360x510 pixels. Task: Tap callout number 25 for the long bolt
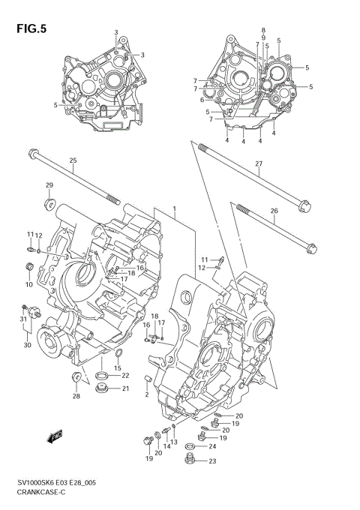[x=73, y=161]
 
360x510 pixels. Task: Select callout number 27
[x=259, y=163]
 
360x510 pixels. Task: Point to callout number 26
[x=274, y=211]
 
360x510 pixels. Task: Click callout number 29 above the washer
[x=49, y=185]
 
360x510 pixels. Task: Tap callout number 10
[x=29, y=284]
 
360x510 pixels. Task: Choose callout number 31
[x=22, y=319]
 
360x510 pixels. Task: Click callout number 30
[x=27, y=345]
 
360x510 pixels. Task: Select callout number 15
[x=118, y=367]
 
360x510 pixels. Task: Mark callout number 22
[x=125, y=376]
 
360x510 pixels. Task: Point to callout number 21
[x=125, y=388]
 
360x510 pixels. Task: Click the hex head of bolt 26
[x=310, y=249]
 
